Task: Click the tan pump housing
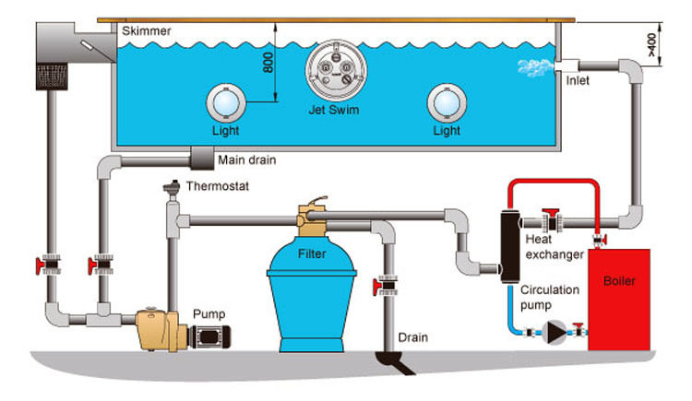(x=158, y=327)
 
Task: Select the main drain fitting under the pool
(x=198, y=159)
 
